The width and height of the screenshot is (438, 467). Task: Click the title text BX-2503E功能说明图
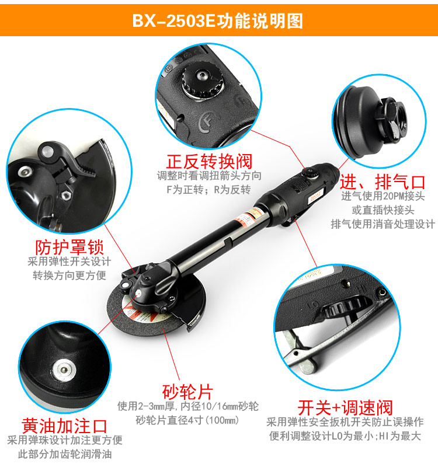tap(217, 21)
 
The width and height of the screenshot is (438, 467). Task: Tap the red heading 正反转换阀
tap(210, 162)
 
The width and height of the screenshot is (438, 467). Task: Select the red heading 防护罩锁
tap(69, 247)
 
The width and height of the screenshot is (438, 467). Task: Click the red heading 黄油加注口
tap(64, 426)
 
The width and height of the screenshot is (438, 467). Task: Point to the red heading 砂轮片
tap(187, 392)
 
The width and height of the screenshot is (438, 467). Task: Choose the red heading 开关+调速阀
tap(345, 407)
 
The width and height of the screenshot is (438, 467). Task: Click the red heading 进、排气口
tap(383, 182)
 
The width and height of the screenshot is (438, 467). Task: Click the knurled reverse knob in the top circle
tap(203, 80)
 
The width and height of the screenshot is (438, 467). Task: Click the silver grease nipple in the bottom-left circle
tap(64, 370)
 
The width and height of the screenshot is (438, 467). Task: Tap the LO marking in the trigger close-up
tap(313, 304)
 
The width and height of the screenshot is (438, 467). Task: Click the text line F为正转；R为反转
tap(208, 189)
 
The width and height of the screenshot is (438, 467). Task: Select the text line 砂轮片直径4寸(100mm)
tap(187, 420)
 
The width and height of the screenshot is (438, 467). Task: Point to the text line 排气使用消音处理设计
tap(383, 224)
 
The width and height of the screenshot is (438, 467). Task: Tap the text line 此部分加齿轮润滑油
tap(65, 454)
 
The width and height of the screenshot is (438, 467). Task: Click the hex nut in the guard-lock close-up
tap(65, 196)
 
